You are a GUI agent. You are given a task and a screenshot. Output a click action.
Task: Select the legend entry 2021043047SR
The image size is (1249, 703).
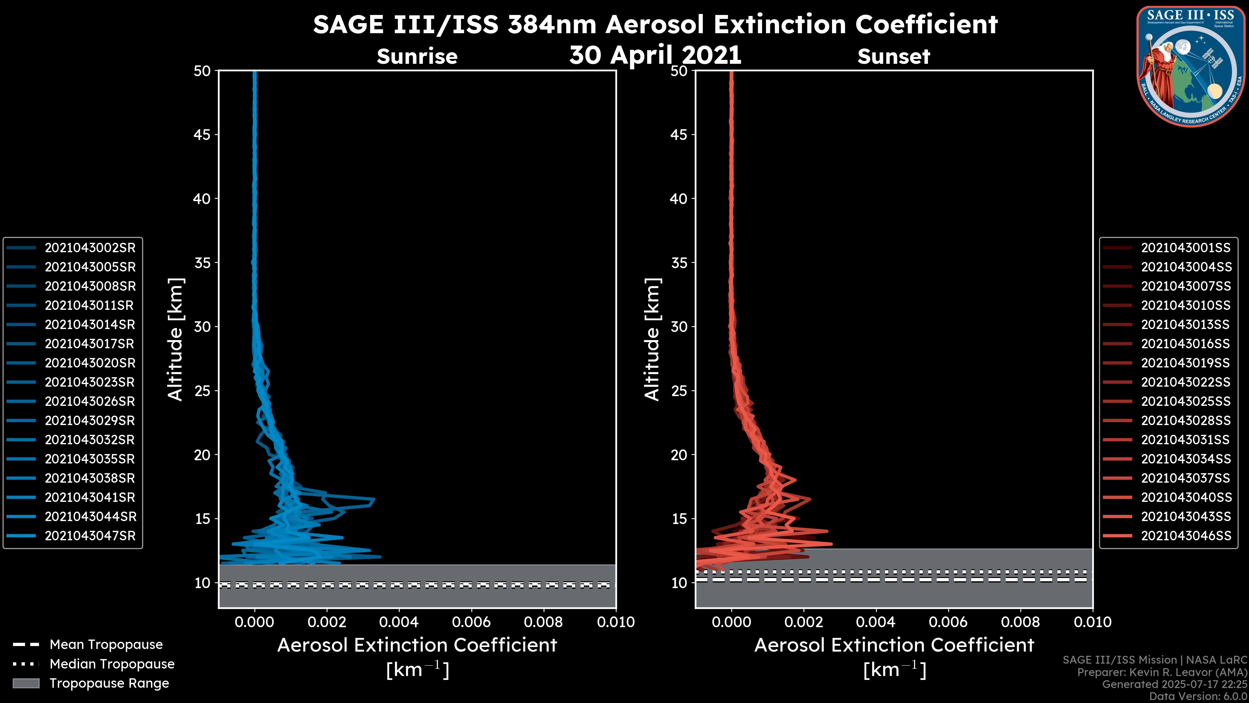pyautogui.click(x=90, y=536)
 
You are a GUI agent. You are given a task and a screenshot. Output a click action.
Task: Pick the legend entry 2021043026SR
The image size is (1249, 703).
pyautogui.click(x=90, y=402)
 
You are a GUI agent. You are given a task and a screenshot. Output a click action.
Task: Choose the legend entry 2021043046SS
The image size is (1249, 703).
pyautogui.click(x=1186, y=536)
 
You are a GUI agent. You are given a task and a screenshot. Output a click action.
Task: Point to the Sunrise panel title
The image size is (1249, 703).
pyautogui.click(x=417, y=57)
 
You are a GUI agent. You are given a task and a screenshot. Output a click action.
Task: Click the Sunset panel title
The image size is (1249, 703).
pyautogui.click(x=893, y=57)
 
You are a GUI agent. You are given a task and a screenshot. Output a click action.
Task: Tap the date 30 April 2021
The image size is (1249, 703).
pyautogui.click(x=655, y=55)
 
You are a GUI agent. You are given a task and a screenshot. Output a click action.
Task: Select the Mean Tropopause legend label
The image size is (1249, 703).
pyautogui.click(x=106, y=645)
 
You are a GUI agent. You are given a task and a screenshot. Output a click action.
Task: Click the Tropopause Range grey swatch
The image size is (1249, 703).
pyautogui.click(x=26, y=683)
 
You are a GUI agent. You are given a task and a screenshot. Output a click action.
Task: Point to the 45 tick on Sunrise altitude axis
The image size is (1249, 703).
pyautogui.click(x=202, y=135)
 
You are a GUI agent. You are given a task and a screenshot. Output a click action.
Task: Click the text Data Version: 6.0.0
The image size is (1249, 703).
pyautogui.click(x=1199, y=697)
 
